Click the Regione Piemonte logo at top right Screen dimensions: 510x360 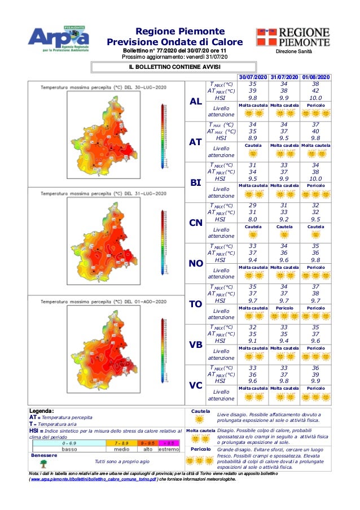(x=293, y=37)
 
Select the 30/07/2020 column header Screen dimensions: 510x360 (x=253, y=77)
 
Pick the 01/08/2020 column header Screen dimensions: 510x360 (x=316, y=77)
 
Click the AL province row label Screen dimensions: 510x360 (x=195, y=102)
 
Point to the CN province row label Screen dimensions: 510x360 (x=195, y=223)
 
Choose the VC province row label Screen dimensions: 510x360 (x=195, y=385)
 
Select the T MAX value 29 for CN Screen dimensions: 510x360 (x=253, y=206)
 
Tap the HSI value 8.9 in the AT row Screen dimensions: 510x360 (x=253, y=138)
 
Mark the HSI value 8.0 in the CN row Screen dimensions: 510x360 (x=253, y=219)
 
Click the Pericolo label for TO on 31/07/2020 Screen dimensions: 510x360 (x=284, y=308)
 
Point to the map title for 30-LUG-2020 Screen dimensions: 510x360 (x=103, y=87)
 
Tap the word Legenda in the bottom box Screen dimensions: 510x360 (x=41, y=411)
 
